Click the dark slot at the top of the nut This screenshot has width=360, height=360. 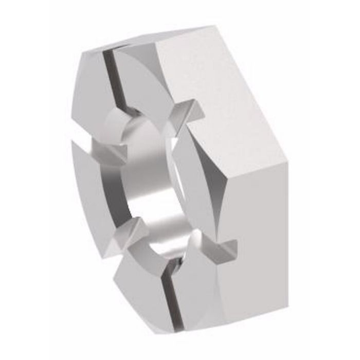click(x=111, y=77)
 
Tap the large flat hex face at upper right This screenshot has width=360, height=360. click(x=226, y=87)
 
